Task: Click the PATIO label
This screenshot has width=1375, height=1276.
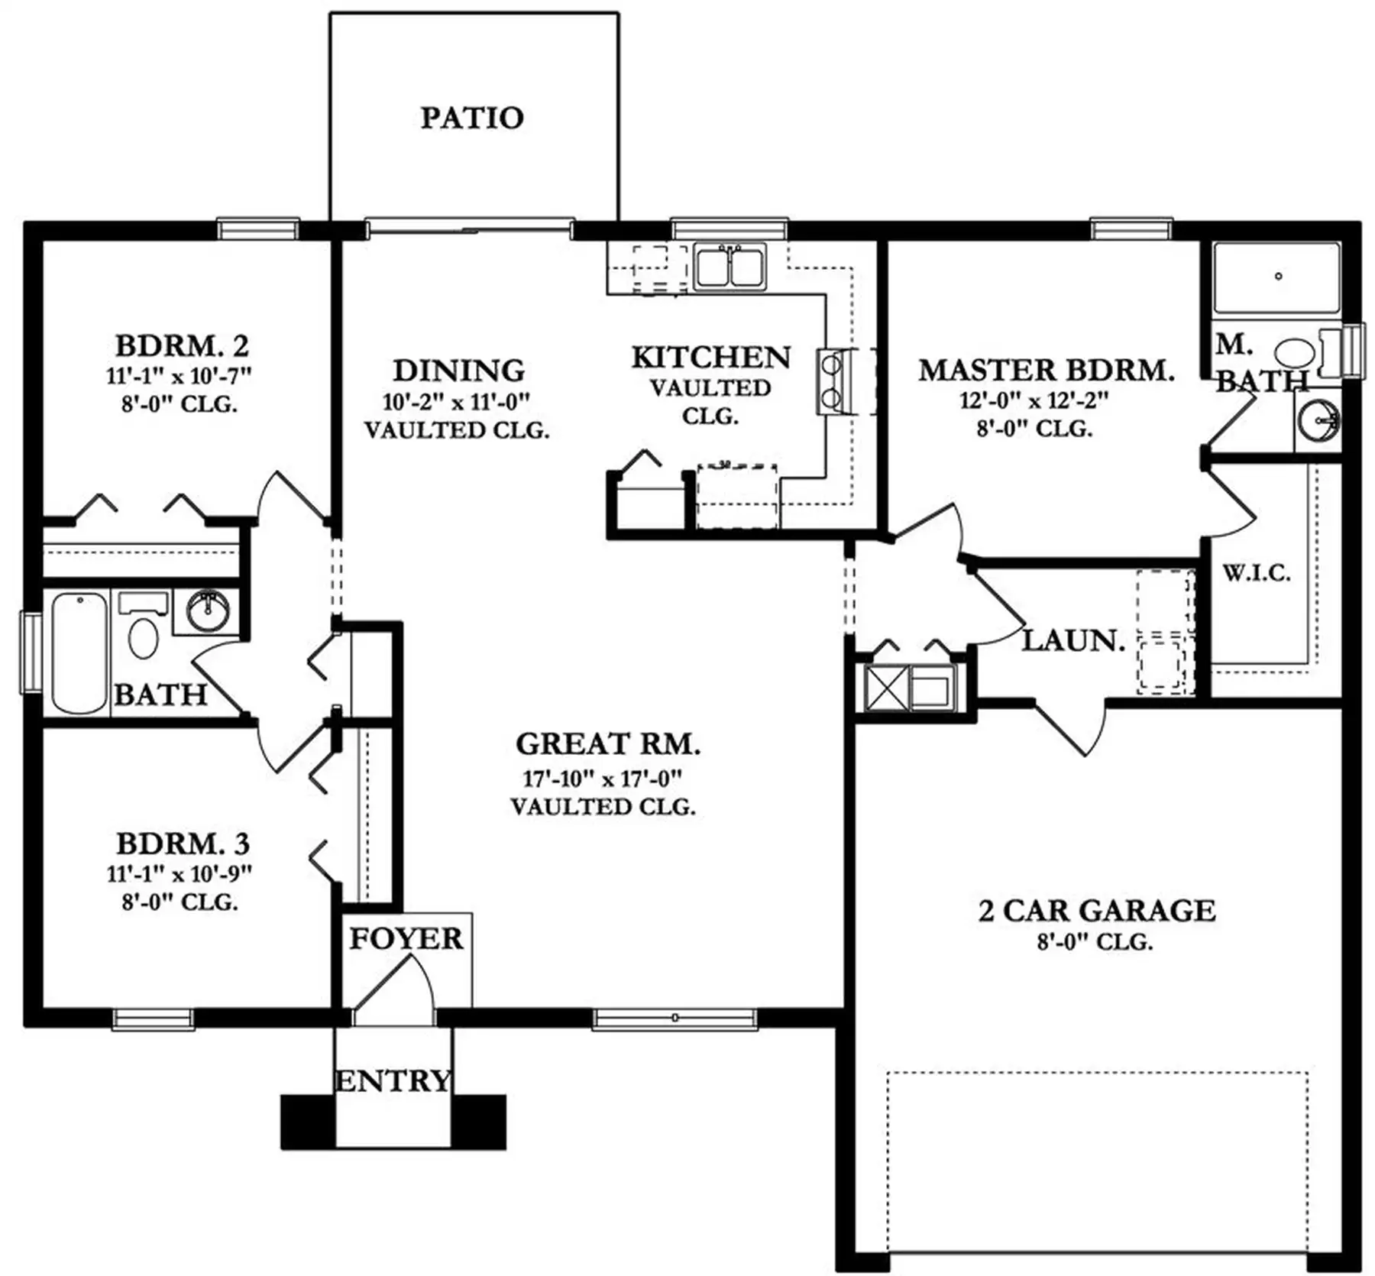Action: [472, 118]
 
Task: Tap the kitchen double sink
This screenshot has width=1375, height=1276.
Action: [730, 267]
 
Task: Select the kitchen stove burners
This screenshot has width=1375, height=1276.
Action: [831, 381]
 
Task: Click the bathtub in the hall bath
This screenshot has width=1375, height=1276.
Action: [79, 654]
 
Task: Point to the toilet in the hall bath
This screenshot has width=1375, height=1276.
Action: [143, 625]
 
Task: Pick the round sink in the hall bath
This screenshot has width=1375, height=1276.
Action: [208, 610]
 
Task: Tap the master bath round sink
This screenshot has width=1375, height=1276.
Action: [1319, 419]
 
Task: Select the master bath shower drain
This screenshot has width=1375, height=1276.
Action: [1278, 277]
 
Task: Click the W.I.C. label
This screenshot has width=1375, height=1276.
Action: [1257, 573]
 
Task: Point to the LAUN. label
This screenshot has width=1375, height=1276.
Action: [1073, 640]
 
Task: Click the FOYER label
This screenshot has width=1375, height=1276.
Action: [406, 938]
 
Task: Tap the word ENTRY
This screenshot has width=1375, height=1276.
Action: [393, 1081]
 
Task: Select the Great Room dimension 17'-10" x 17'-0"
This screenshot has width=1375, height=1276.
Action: [602, 779]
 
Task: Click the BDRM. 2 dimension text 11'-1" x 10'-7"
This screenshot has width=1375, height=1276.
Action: [179, 375]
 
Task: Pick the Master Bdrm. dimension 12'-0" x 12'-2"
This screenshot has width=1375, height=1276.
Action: [1034, 400]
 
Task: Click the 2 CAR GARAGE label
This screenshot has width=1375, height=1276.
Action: [1097, 911]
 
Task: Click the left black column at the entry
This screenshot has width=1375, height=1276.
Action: [308, 1122]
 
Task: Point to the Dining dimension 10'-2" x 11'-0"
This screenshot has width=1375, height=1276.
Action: [456, 401]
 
